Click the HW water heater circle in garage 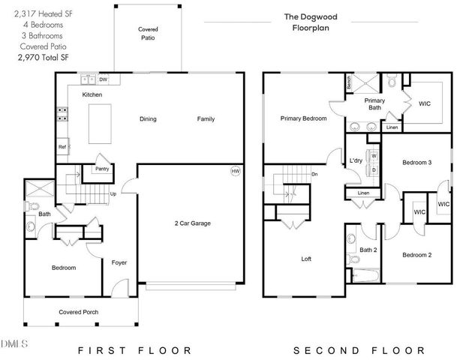pos(235,171)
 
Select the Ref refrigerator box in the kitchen pos(63,148)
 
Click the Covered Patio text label pos(147,32)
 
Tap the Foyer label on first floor pos(119,262)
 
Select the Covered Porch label pos(79,312)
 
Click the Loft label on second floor pos(306,259)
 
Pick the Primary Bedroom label pos(303,118)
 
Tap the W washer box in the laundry pos(373,156)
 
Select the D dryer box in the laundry pos(373,169)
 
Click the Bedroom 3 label pos(416,162)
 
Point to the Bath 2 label pos(368,250)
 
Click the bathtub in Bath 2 pos(365,277)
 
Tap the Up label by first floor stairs pos(113,193)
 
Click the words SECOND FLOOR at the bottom pos(359,350)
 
